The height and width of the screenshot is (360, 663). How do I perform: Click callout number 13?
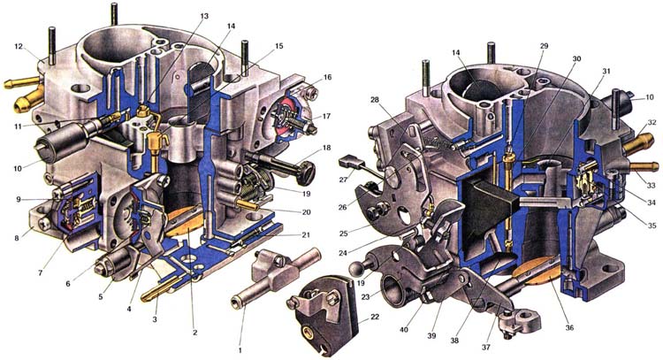coord(204,16)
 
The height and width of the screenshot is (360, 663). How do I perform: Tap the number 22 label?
coord(375,317)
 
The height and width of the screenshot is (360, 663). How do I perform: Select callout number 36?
coord(569,327)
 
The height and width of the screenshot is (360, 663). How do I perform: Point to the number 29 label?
coord(544,46)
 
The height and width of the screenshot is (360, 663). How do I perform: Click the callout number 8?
coord(17,238)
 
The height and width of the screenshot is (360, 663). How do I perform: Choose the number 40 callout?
coord(404,330)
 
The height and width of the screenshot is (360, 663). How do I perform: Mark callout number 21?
coord(306,235)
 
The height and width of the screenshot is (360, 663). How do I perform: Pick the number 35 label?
coord(652,226)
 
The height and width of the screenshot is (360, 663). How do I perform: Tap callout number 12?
coord(19,47)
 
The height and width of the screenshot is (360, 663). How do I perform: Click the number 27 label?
coord(343,180)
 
